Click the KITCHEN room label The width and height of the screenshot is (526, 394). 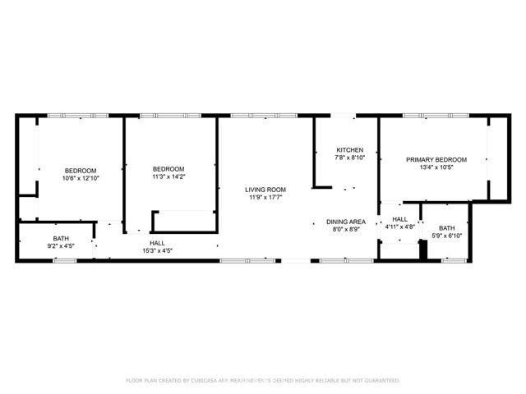(349, 150)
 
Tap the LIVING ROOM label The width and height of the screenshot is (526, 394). (265, 190)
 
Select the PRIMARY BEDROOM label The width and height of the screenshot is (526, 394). (436, 160)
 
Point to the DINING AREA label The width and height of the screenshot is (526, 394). (346, 222)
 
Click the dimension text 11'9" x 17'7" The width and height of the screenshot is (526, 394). (265, 197)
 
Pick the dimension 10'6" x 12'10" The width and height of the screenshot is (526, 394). (81, 178)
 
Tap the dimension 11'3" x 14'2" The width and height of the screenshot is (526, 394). (168, 176)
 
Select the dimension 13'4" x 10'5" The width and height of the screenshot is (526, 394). (436, 167)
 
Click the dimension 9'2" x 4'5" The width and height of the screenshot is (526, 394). (61, 246)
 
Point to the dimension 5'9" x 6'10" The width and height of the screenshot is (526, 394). (446, 236)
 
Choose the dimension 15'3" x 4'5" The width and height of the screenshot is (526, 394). (157, 250)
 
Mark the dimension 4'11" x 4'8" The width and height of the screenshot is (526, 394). (400, 227)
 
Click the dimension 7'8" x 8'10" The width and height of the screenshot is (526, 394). (349, 158)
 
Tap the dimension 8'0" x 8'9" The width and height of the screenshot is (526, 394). (346, 230)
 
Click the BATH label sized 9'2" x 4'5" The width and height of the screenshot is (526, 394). (61, 239)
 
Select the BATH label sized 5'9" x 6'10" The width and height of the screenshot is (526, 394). (447, 228)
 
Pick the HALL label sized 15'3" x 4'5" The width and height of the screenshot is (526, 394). (157, 243)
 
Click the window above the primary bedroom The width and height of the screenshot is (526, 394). (436, 116)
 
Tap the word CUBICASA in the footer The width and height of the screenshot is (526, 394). (205, 381)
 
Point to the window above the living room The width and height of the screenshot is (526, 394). (264, 116)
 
